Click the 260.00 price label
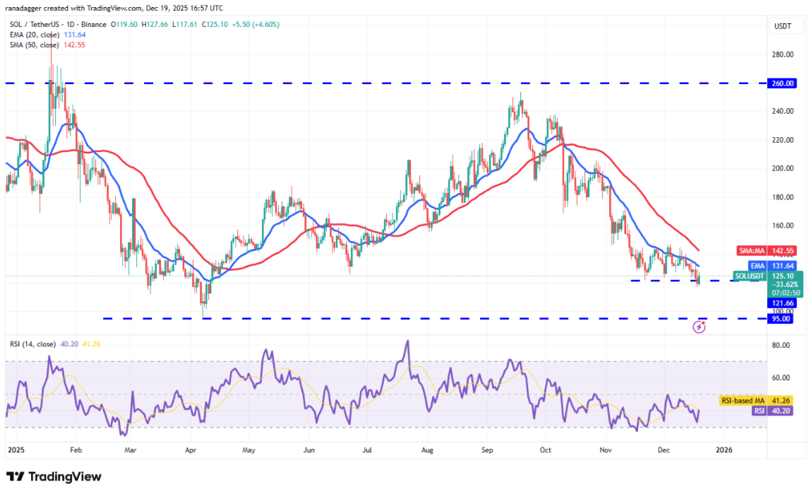pos(782,83)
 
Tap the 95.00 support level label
pos(782,319)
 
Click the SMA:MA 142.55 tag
pos(782,250)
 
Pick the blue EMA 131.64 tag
pos(782,265)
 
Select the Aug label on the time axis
pos(426,449)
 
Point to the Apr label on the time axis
pos(189,449)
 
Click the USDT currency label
pos(783,26)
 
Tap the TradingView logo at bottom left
pos(54,477)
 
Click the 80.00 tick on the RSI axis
pos(779,346)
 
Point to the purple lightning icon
pos(699,327)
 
